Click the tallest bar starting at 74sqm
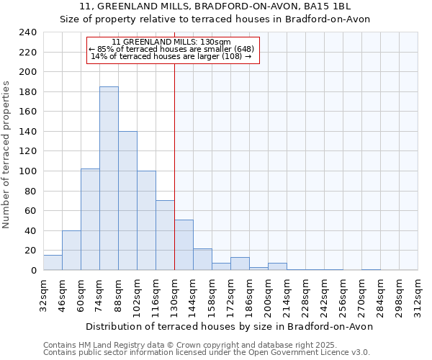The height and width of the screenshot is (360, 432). [109, 179]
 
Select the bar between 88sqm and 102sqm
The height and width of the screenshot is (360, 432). [127, 201]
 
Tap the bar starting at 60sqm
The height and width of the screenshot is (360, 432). [90, 220]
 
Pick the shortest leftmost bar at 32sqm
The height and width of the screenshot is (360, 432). [53, 263]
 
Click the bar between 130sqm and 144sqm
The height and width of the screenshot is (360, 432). [184, 245]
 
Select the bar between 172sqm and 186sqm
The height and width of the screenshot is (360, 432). [240, 264]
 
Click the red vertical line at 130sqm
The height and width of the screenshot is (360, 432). [174, 166]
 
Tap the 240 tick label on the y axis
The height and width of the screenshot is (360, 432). [28, 32]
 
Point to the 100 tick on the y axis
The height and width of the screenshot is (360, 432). [28, 171]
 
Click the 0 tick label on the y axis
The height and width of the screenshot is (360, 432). [33, 271]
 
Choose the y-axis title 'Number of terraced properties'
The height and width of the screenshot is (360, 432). [7, 154]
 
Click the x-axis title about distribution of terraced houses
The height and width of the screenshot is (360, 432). [228, 326]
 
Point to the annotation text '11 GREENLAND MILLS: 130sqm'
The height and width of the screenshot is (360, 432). [171, 42]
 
